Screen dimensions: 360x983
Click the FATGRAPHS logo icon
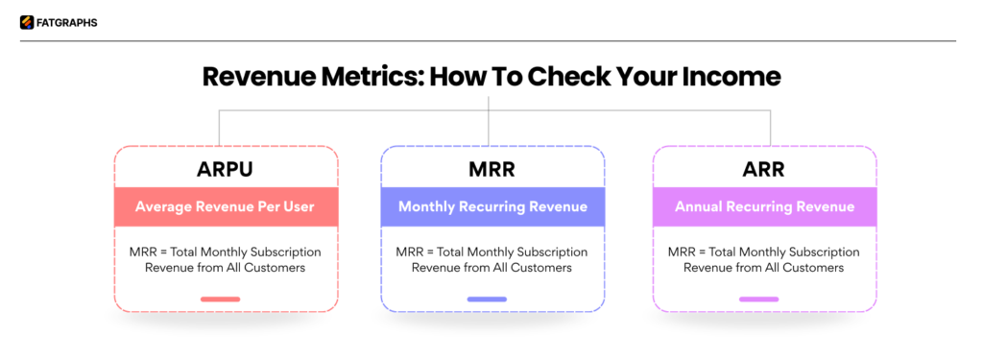tap(27, 22)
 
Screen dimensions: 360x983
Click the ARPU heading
tap(226, 169)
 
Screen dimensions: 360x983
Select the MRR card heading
tap(492, 169)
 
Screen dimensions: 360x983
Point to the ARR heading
tap(764, 169)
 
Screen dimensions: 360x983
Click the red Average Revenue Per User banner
tap(226, 206)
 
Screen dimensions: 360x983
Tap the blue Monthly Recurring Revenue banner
tap(492, 206)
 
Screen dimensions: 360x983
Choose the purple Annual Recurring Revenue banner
tap(764, 206)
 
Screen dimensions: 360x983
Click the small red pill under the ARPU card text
tap(221, 300)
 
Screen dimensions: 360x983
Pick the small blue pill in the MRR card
tap(487, 300)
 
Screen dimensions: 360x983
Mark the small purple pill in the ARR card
tap(758, 300)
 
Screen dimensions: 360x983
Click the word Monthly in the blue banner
tap(424, 206)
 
